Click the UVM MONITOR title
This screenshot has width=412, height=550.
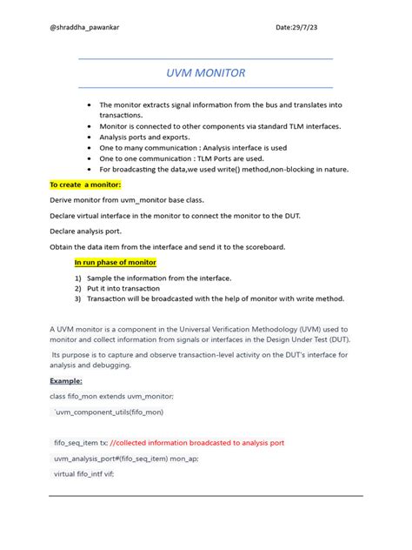205,73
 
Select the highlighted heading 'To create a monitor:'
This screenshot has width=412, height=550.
85,184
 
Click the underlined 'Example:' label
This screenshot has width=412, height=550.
66,380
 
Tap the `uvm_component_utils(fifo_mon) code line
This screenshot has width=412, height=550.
109,411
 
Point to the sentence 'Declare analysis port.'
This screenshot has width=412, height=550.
85,231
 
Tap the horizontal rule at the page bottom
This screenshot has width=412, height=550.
205,495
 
